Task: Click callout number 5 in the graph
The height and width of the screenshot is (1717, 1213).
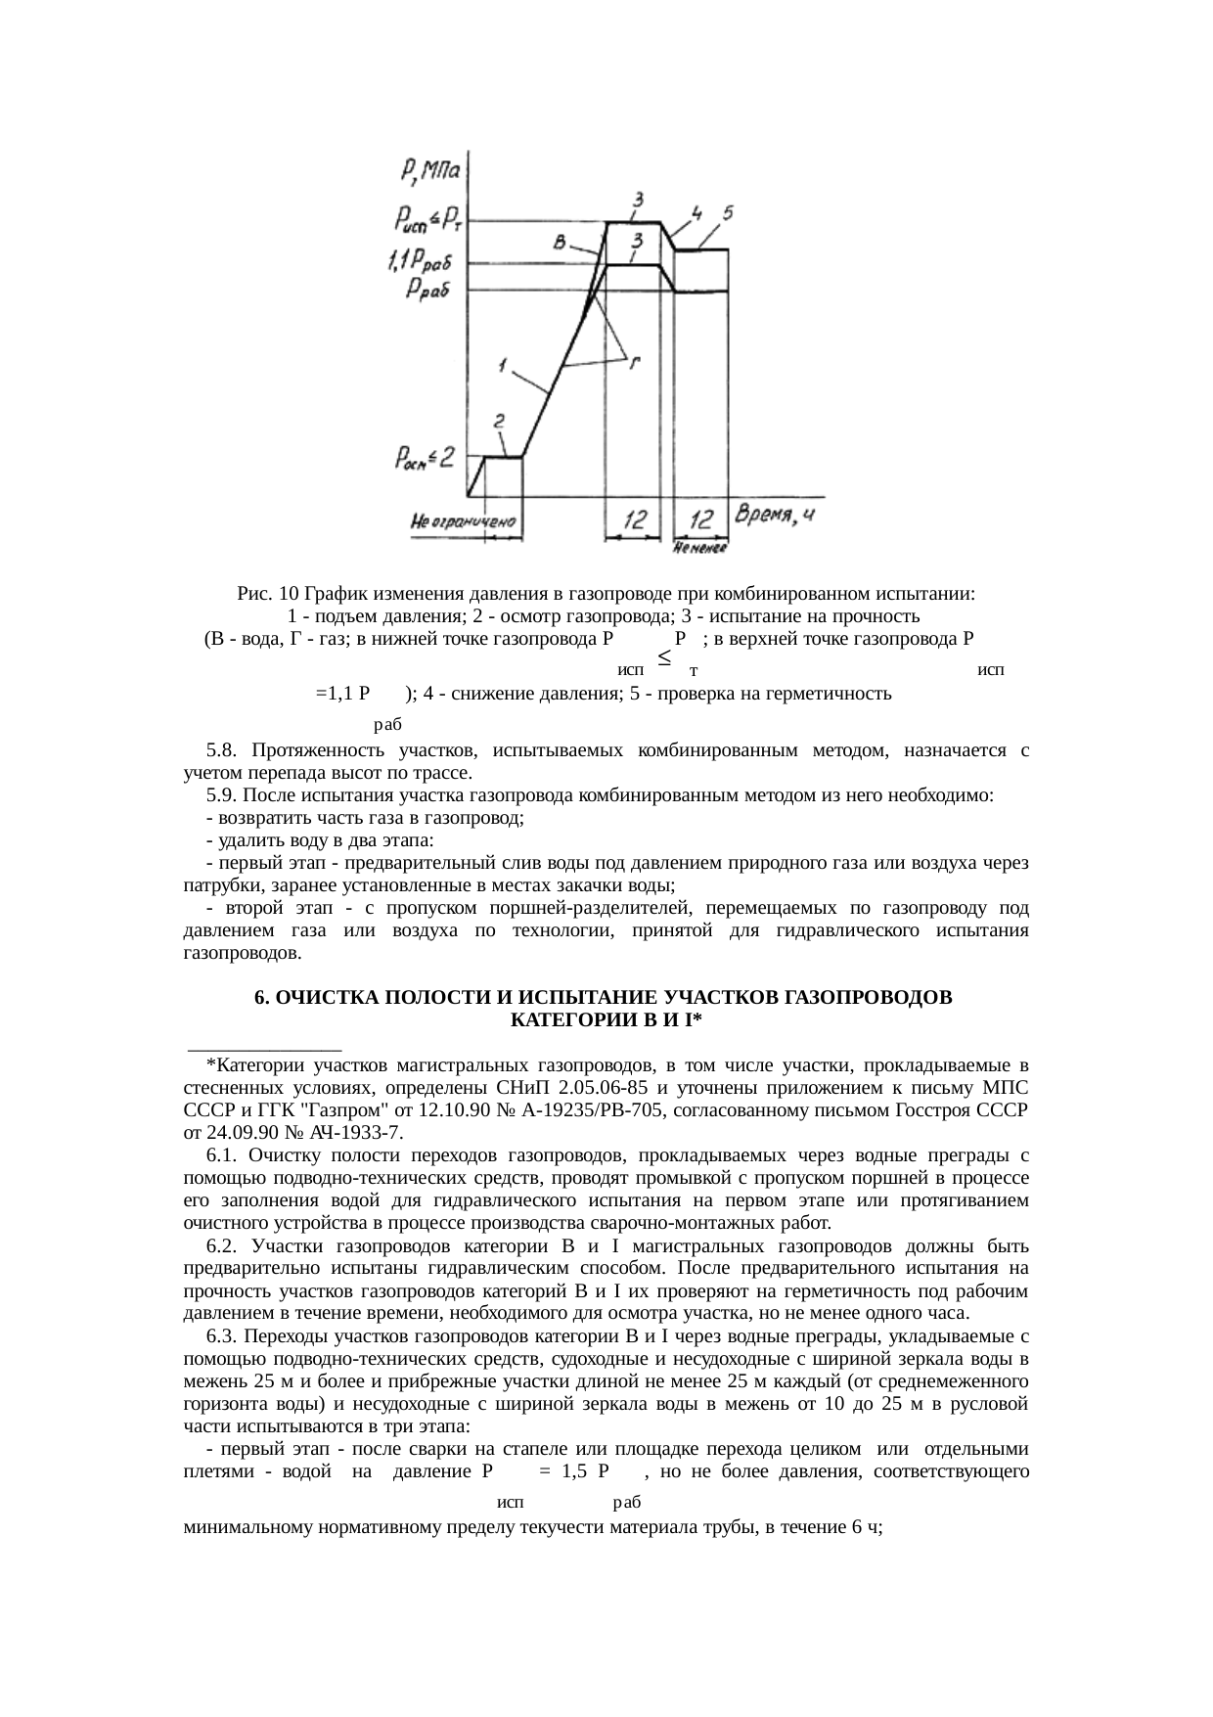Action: pyautogui.click(x=728, y=212)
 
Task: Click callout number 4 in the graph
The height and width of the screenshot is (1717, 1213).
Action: pyautogui.click(x=696, y=212)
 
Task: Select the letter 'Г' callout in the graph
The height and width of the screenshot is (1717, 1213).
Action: pyautogui.click(x=635, y=363)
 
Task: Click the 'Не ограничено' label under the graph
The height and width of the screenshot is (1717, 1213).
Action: pyautogui.click(x=465, y=522)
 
